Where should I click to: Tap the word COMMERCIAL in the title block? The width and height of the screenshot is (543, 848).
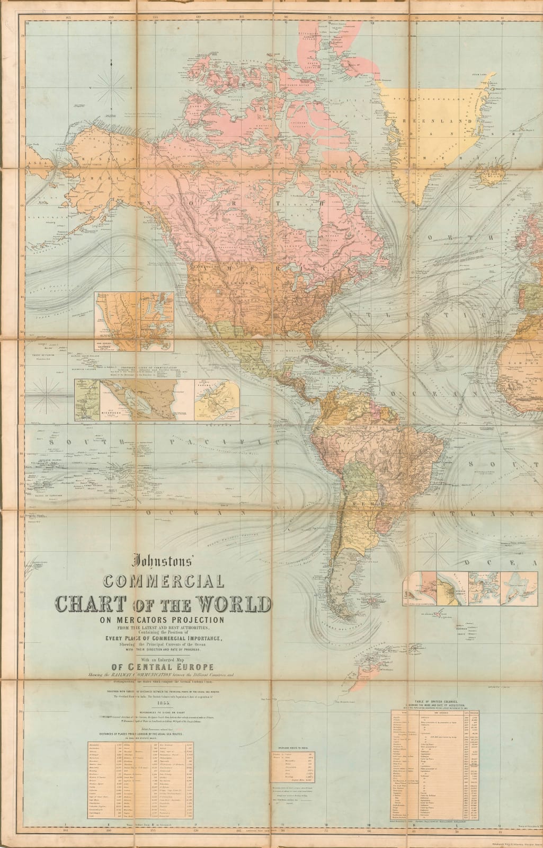pyautogui.click(x=163, y=581)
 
